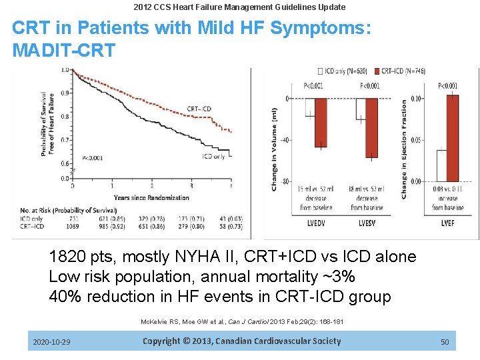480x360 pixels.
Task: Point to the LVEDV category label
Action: [315, 222]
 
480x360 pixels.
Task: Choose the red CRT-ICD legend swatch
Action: [376, 71]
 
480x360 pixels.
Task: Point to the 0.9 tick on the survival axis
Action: [65, 93]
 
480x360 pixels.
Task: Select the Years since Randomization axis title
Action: [151, 198]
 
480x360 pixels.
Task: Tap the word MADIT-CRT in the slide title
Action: [64, 49]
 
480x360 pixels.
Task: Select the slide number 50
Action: [445, 342]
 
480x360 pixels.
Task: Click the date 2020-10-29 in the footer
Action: [51, 342]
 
